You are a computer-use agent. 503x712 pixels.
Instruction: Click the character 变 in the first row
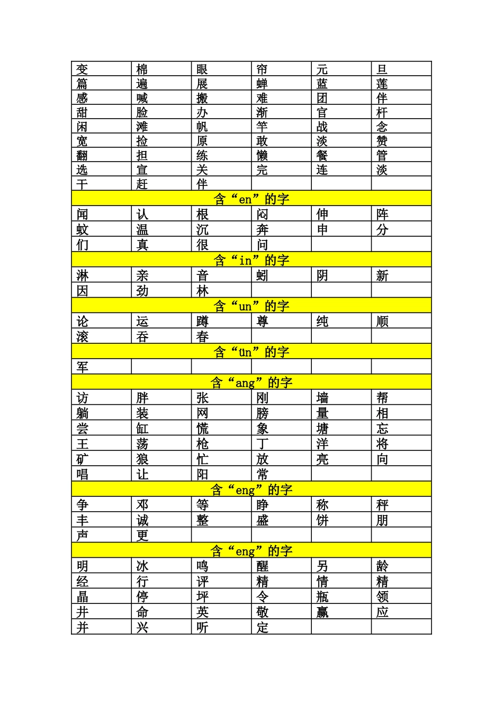(x=82, y=69)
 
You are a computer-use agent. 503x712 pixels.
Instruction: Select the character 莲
(x=382, y=83)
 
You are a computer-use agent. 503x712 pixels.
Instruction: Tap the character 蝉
(x=262, y=83)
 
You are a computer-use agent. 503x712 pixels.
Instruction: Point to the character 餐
(x=322, y=155)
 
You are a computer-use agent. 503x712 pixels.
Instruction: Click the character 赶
(x=142, y=184)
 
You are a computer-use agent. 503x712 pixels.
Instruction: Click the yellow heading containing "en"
(x=251, y=199)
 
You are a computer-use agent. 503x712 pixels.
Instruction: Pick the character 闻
(x=82, y=214)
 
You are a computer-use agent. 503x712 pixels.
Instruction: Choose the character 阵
(x=382, y=214)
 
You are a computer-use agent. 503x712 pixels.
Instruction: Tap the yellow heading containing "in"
(x=251, y=260)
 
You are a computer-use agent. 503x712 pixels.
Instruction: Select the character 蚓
(x=262, y=275)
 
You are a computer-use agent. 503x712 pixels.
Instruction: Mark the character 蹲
(x=202, y=321)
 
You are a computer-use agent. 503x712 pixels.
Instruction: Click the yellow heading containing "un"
(x=251, y=306)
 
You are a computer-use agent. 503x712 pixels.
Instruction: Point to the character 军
(x=82, y=367)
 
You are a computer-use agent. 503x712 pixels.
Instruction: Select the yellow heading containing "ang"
(x=251, y=382)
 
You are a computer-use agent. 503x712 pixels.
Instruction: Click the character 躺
(x=82, y=413)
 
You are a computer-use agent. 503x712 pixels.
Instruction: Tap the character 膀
(x=262, y=413)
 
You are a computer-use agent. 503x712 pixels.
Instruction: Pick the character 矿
(x=82, y=459)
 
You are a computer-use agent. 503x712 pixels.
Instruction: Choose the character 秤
(x=382, y=505)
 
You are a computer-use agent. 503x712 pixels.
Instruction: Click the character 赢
(x=322, y=612)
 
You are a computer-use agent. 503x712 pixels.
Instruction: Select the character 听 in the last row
(x=202, y=627)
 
